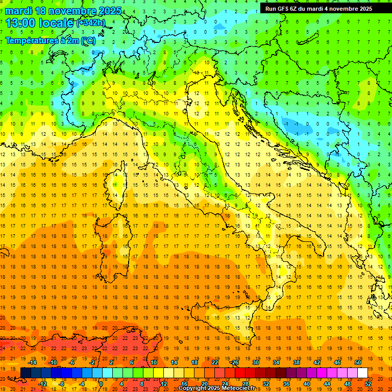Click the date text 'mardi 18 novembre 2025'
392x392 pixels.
point(64,11)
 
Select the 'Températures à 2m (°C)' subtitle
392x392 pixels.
point(50,40)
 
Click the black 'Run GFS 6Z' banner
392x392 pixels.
point(318,8)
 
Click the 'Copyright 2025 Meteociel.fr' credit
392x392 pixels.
point(216,388)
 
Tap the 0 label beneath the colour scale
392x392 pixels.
point(101,384)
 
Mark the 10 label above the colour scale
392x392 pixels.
point(153,362)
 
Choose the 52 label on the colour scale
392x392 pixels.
point(368,384)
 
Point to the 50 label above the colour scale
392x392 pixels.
point(357,362)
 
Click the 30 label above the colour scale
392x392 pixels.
point(255,362)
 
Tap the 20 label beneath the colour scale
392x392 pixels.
point(204,384)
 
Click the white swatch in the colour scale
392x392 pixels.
point(362,373)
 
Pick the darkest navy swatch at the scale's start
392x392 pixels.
point(26,373)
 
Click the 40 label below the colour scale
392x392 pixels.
point(307,384)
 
